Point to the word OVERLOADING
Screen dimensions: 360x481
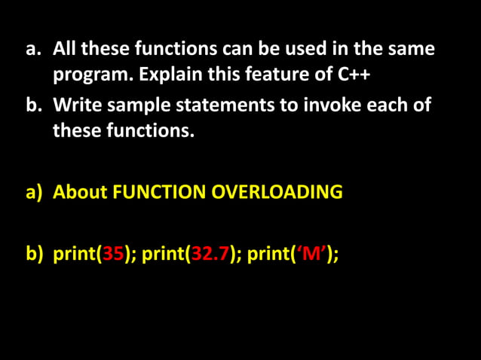click(x=277, y=192)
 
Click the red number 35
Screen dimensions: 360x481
click(x=113, y=254)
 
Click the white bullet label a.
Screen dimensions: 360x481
click(x=32, y=50)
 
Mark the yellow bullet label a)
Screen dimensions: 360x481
click(x=34, y=192)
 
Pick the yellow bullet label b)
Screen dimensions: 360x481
click(x=35, y=254)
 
